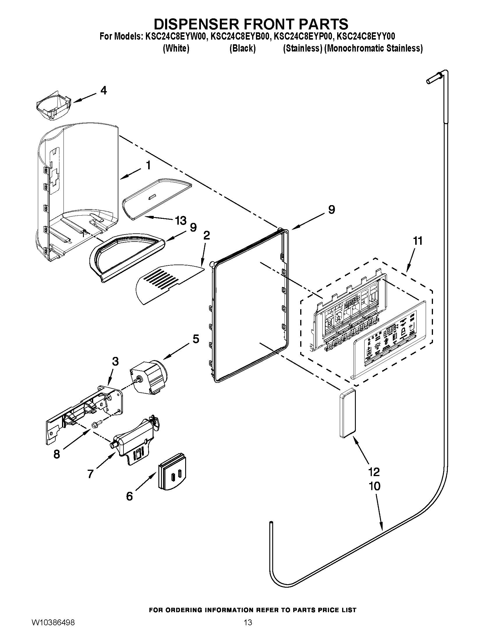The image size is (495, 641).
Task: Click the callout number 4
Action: pyautogui.click(x=104, y=90)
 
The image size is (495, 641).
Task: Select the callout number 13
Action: pyautogui.click(x=181, y=220)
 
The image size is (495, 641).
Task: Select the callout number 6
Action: pyautogui.click(x=129, y=496)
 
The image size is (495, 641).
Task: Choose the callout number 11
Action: pyautogui.click(x=418, y=241)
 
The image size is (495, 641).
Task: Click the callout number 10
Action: pyautogui.click(x=374, y=486)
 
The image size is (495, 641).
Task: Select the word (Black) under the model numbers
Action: pyautogui.click(x=242, y=48)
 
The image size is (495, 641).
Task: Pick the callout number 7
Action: pyautogui.click(x=91, y=474)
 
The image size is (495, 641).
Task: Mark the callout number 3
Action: pyautogui.click(x=115, y=362)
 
